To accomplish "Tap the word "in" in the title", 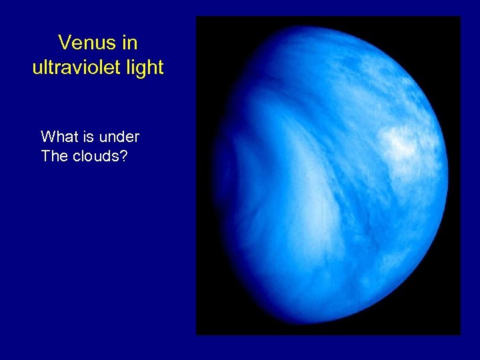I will click(x=129, y=43).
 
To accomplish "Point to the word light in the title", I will click(x=143, y=68).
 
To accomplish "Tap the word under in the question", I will click(x=119, y=137).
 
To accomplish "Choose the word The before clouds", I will click(x=54, y=157).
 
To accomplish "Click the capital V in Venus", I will click(x=64, y=43).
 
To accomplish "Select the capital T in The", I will click(x=45, y=157).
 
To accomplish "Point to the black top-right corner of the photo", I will click(x=447, y=30).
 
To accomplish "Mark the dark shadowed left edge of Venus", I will click(x=223, y=173).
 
